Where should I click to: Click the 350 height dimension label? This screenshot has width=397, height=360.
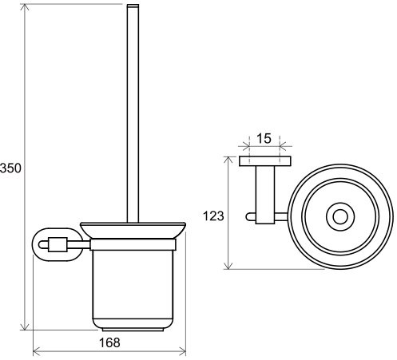point(10,168)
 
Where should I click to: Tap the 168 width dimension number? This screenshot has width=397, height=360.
point(109,342)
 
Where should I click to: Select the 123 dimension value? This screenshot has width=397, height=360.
point(213,216)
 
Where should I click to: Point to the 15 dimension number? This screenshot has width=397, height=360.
point(264,138)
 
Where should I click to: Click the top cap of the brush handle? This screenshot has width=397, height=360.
point(133,6)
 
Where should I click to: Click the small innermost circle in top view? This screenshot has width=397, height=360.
point(340,216)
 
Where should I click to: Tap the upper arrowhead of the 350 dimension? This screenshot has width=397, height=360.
point(25,10)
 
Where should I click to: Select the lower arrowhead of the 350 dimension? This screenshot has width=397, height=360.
point(25,325)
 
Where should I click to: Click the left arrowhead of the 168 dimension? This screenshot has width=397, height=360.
point(37,351)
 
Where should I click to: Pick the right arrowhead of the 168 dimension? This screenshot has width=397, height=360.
point(182,351)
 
